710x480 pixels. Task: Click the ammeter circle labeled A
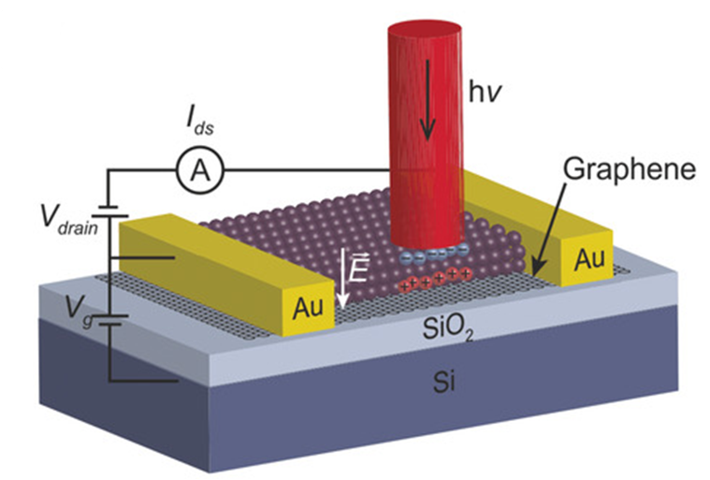(200, 170)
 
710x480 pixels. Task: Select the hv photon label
(485, 93)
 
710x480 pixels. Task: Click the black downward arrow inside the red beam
(427, 99)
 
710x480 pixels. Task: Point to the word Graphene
(629, 169)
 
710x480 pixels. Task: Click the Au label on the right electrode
(589, 259)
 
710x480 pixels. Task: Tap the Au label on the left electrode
(308, 308)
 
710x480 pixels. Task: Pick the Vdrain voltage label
(69, 218)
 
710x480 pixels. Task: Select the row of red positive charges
(435, 280)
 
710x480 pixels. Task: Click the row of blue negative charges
(434, 254)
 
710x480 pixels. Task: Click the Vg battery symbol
(109, 320)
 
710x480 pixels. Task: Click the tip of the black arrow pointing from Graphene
(534, 273)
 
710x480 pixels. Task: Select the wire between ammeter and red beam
(307, 170)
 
